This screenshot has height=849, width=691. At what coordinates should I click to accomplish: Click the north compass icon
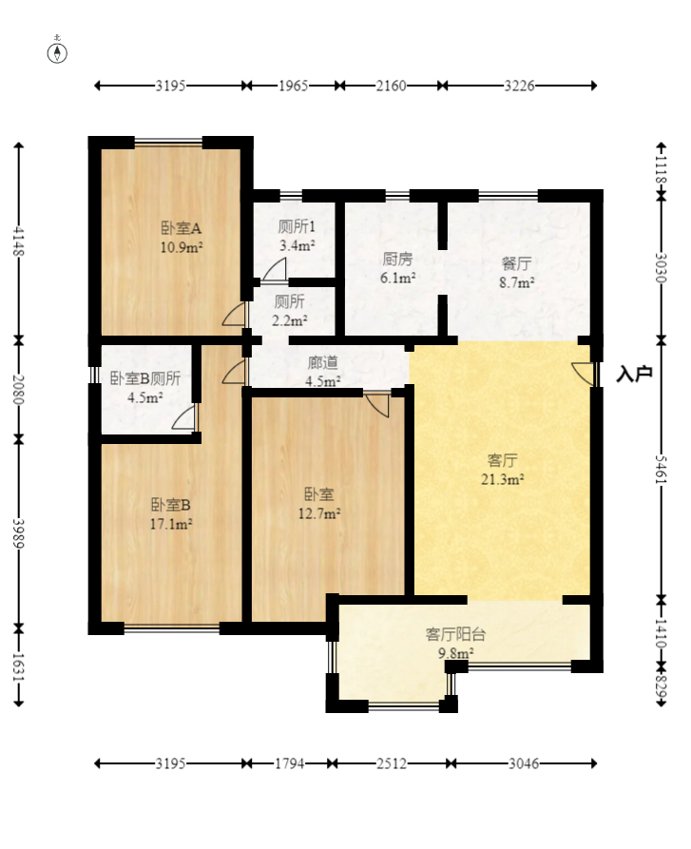57,52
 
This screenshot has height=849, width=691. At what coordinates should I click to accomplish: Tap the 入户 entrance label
634,374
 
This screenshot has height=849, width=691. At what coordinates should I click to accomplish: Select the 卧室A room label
181,228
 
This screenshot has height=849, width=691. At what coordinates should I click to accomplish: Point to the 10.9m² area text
181,247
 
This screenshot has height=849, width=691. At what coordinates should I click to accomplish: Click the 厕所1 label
297,225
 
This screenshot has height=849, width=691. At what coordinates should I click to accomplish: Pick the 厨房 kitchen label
397,259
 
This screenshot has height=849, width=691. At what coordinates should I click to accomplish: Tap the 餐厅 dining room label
516,263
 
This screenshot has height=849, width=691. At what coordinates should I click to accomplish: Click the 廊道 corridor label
322,362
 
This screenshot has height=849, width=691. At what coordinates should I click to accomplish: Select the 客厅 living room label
502,460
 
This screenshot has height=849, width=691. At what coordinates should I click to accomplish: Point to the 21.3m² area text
502,479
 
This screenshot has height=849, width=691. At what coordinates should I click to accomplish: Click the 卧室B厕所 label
145,378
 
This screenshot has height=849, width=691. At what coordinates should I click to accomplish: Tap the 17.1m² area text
171,524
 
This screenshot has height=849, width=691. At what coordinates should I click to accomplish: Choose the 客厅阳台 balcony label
455,634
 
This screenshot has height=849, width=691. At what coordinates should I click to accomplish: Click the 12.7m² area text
319,512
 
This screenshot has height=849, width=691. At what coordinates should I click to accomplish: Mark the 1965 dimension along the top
294,86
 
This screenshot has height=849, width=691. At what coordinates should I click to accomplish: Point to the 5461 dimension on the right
661,470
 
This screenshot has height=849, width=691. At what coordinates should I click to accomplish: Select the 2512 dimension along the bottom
392,763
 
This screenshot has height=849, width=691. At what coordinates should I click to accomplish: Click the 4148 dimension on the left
18,241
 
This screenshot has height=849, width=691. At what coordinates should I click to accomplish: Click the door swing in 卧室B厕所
184,417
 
